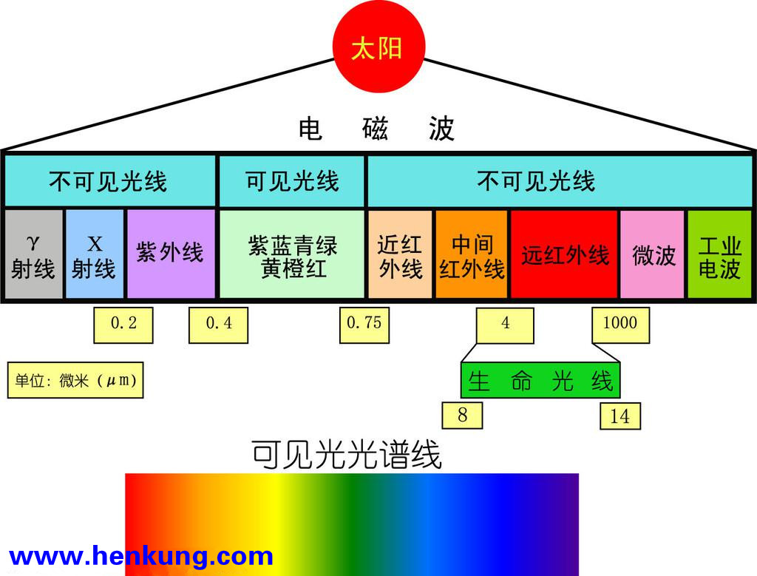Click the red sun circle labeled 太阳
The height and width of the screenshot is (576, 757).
point(378,47)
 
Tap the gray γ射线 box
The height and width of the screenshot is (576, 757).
point(34,254)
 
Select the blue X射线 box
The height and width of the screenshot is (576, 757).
point(95,254)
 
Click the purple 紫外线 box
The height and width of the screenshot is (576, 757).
point(171,254)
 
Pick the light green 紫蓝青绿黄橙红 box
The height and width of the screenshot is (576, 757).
point(292,254)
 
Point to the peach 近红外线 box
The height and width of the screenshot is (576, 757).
point(400,254)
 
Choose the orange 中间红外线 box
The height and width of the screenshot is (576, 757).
point(472,254)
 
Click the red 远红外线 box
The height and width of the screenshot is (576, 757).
point(564,254)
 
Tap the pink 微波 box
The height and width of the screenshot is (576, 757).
point(652,254)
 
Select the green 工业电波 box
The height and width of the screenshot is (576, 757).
point(719,254)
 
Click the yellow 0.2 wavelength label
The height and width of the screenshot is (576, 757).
point(123,325)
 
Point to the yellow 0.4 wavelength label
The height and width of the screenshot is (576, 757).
point(218,325)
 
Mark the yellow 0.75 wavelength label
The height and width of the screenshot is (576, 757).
point(364,325)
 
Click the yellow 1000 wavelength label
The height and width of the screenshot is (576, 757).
point(621,325)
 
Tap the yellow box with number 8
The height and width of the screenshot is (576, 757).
point(462,416)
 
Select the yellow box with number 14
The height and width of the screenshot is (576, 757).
point(620,416)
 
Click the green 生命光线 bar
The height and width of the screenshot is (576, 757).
point(540,381)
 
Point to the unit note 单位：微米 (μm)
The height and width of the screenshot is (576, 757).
point(75,380)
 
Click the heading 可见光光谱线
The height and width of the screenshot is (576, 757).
point(347,454)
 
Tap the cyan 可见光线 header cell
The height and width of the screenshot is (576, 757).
point(292,182)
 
